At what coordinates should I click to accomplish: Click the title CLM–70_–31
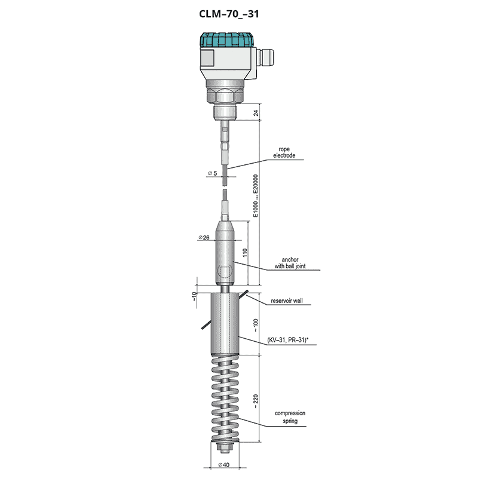229,14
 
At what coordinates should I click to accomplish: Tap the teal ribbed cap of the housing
226,40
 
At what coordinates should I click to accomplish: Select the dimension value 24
256,112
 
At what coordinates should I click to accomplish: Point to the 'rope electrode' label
284,152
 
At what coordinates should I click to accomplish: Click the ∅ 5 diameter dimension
213,173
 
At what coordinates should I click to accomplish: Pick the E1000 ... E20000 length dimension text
256,196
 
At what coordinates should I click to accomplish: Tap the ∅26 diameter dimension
204,237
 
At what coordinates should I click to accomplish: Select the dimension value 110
245,252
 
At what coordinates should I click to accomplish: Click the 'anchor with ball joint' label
290,263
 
